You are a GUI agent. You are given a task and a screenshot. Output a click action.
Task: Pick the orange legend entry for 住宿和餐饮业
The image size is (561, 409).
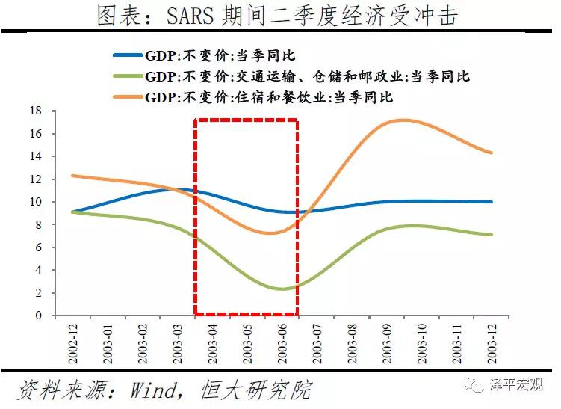coord(253,97)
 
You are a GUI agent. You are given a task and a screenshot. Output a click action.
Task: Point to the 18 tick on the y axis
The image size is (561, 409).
coord(35,111)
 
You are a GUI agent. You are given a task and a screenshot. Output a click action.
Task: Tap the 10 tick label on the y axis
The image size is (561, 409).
coord(35,202)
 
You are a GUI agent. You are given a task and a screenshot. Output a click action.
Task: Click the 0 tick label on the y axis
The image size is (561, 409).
coord(38,316)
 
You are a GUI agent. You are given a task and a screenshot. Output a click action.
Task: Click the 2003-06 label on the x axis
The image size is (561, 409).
coord(282,341)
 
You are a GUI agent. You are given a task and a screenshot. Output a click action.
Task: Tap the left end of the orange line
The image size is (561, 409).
coord(72,176)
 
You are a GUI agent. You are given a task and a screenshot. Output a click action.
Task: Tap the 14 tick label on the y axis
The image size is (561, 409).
coord(35,156)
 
